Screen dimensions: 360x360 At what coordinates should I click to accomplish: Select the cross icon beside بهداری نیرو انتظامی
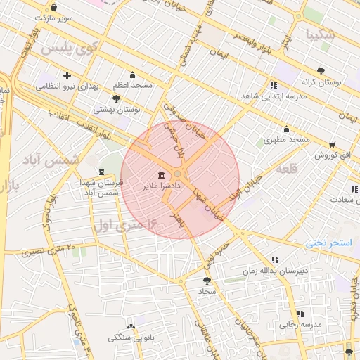point(67,76)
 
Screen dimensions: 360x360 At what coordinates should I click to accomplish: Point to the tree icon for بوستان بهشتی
point(116,98)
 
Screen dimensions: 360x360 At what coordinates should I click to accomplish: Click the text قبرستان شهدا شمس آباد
point(102,187)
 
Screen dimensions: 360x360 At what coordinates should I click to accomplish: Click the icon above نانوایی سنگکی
point(131,327)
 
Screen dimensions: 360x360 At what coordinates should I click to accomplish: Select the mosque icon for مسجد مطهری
point(286,129)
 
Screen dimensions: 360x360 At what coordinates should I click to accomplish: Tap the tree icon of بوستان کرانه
point(321,71)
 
